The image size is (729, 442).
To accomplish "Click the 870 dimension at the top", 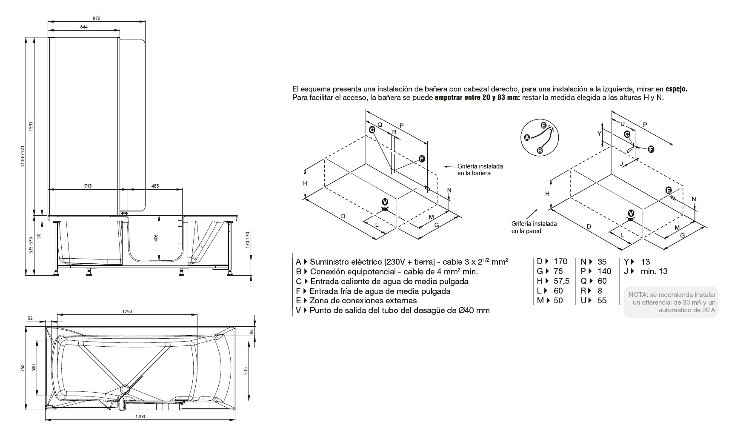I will click(96, 18).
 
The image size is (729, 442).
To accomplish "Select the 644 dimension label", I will click(83, 27).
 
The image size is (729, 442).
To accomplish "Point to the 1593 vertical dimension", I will click(31, 126).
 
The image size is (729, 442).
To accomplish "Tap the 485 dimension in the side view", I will click(155, 186).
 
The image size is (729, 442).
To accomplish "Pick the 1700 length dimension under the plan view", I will click(140, 416).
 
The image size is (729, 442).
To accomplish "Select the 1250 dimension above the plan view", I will click(127, 311).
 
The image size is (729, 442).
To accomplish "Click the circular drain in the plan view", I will click(125, 389).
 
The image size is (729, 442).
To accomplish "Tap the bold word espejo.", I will click(676, 89).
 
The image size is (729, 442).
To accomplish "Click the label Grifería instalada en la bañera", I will click(480, 170).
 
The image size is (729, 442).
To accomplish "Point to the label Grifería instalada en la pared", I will click(534, 227).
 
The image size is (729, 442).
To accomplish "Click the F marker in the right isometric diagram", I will click(651, 149).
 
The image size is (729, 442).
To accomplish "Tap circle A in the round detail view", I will click(527, 137).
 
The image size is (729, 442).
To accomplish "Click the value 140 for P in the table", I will click(604, 271).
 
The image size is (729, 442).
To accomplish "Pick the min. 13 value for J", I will click(654, 271).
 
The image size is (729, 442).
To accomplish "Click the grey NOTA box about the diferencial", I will click(671, 302).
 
